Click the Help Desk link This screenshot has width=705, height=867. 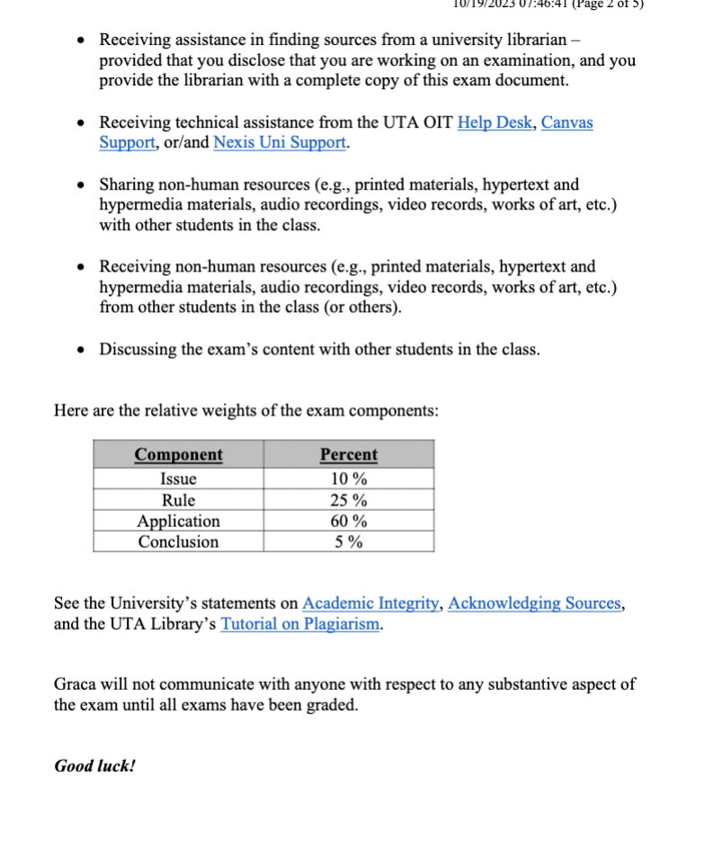[x=495, y=122]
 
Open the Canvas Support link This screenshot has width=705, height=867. [x=567, y=122]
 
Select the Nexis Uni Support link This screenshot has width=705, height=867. [x=280, y=143]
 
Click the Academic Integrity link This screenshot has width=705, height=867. [x=370, y=603]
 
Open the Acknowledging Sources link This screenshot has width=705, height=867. [x=534, y=603]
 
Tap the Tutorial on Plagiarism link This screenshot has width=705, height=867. [x=299, y=624]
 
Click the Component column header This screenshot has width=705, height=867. [x=178, y=455]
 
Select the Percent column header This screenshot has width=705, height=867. [x=348, y=455]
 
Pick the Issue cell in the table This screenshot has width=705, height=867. [x=178, y=479]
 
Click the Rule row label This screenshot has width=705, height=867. [x=178, y=500]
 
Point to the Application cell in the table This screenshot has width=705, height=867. [x=178, y=521]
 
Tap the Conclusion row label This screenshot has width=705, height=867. [x=178, y=541]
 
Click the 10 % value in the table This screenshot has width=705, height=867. [x=348, y=479]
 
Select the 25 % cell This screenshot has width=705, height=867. [x=348, y=500]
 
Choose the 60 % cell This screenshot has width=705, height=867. [x=348, y=521]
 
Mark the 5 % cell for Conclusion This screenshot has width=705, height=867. [x=348, y=541]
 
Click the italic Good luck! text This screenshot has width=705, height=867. [x=94, y=766]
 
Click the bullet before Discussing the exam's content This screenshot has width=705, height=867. [x=82, y=350]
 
